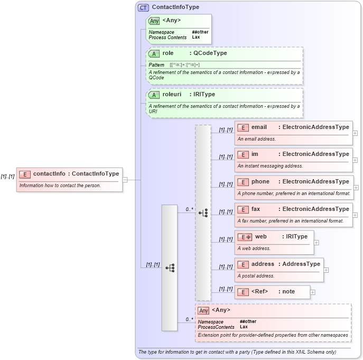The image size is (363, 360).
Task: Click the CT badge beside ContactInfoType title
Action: tap(143, 7)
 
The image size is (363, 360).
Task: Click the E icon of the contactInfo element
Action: tap(25, 173)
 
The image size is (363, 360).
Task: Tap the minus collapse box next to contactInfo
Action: tap(125, 180)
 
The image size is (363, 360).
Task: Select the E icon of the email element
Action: tap(243, 127)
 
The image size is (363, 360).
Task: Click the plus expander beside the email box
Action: tap(355, 133)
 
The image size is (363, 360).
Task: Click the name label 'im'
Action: tap(255, 154)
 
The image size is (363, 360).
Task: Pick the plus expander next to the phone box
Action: tap(356, 187)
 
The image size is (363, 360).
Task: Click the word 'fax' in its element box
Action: tap(256, 209)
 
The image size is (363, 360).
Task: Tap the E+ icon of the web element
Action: tap(245, 237)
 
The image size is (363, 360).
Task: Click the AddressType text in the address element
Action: tap(301, 264)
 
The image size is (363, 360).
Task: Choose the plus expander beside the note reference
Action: tap(313, 292)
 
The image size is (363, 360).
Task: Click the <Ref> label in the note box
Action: tap(259, 291)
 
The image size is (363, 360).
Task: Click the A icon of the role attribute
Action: tap(154, 53)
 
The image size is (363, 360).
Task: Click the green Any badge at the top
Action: tap(154, 21)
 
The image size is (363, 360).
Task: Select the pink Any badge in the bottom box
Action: tap(203, 310)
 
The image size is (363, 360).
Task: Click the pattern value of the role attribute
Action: tap(181, 64)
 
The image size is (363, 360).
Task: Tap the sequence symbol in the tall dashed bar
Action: tap(203, 213)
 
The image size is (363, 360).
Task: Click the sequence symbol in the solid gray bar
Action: tap(170, 268)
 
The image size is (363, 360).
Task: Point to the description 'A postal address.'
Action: tap(255, 275)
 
